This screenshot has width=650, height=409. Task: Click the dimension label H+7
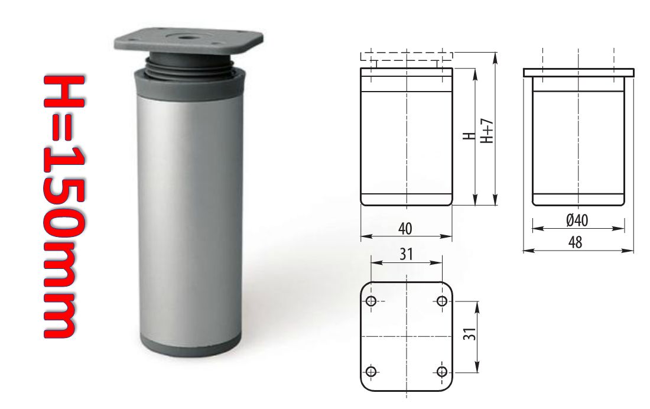coord(487,130)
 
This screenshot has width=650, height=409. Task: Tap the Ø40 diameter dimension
coord(577,220)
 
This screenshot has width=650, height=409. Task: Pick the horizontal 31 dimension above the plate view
coord(405,254)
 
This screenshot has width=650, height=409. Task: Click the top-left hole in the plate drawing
coord(371,301)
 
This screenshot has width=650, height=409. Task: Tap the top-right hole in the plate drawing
coord(441,301)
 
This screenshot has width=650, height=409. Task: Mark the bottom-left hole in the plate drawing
coord(371,371)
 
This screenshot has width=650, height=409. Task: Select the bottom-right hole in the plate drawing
coord(441,371)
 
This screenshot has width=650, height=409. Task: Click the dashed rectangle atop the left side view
coord(407,56)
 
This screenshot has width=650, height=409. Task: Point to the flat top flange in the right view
coord(578,73)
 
